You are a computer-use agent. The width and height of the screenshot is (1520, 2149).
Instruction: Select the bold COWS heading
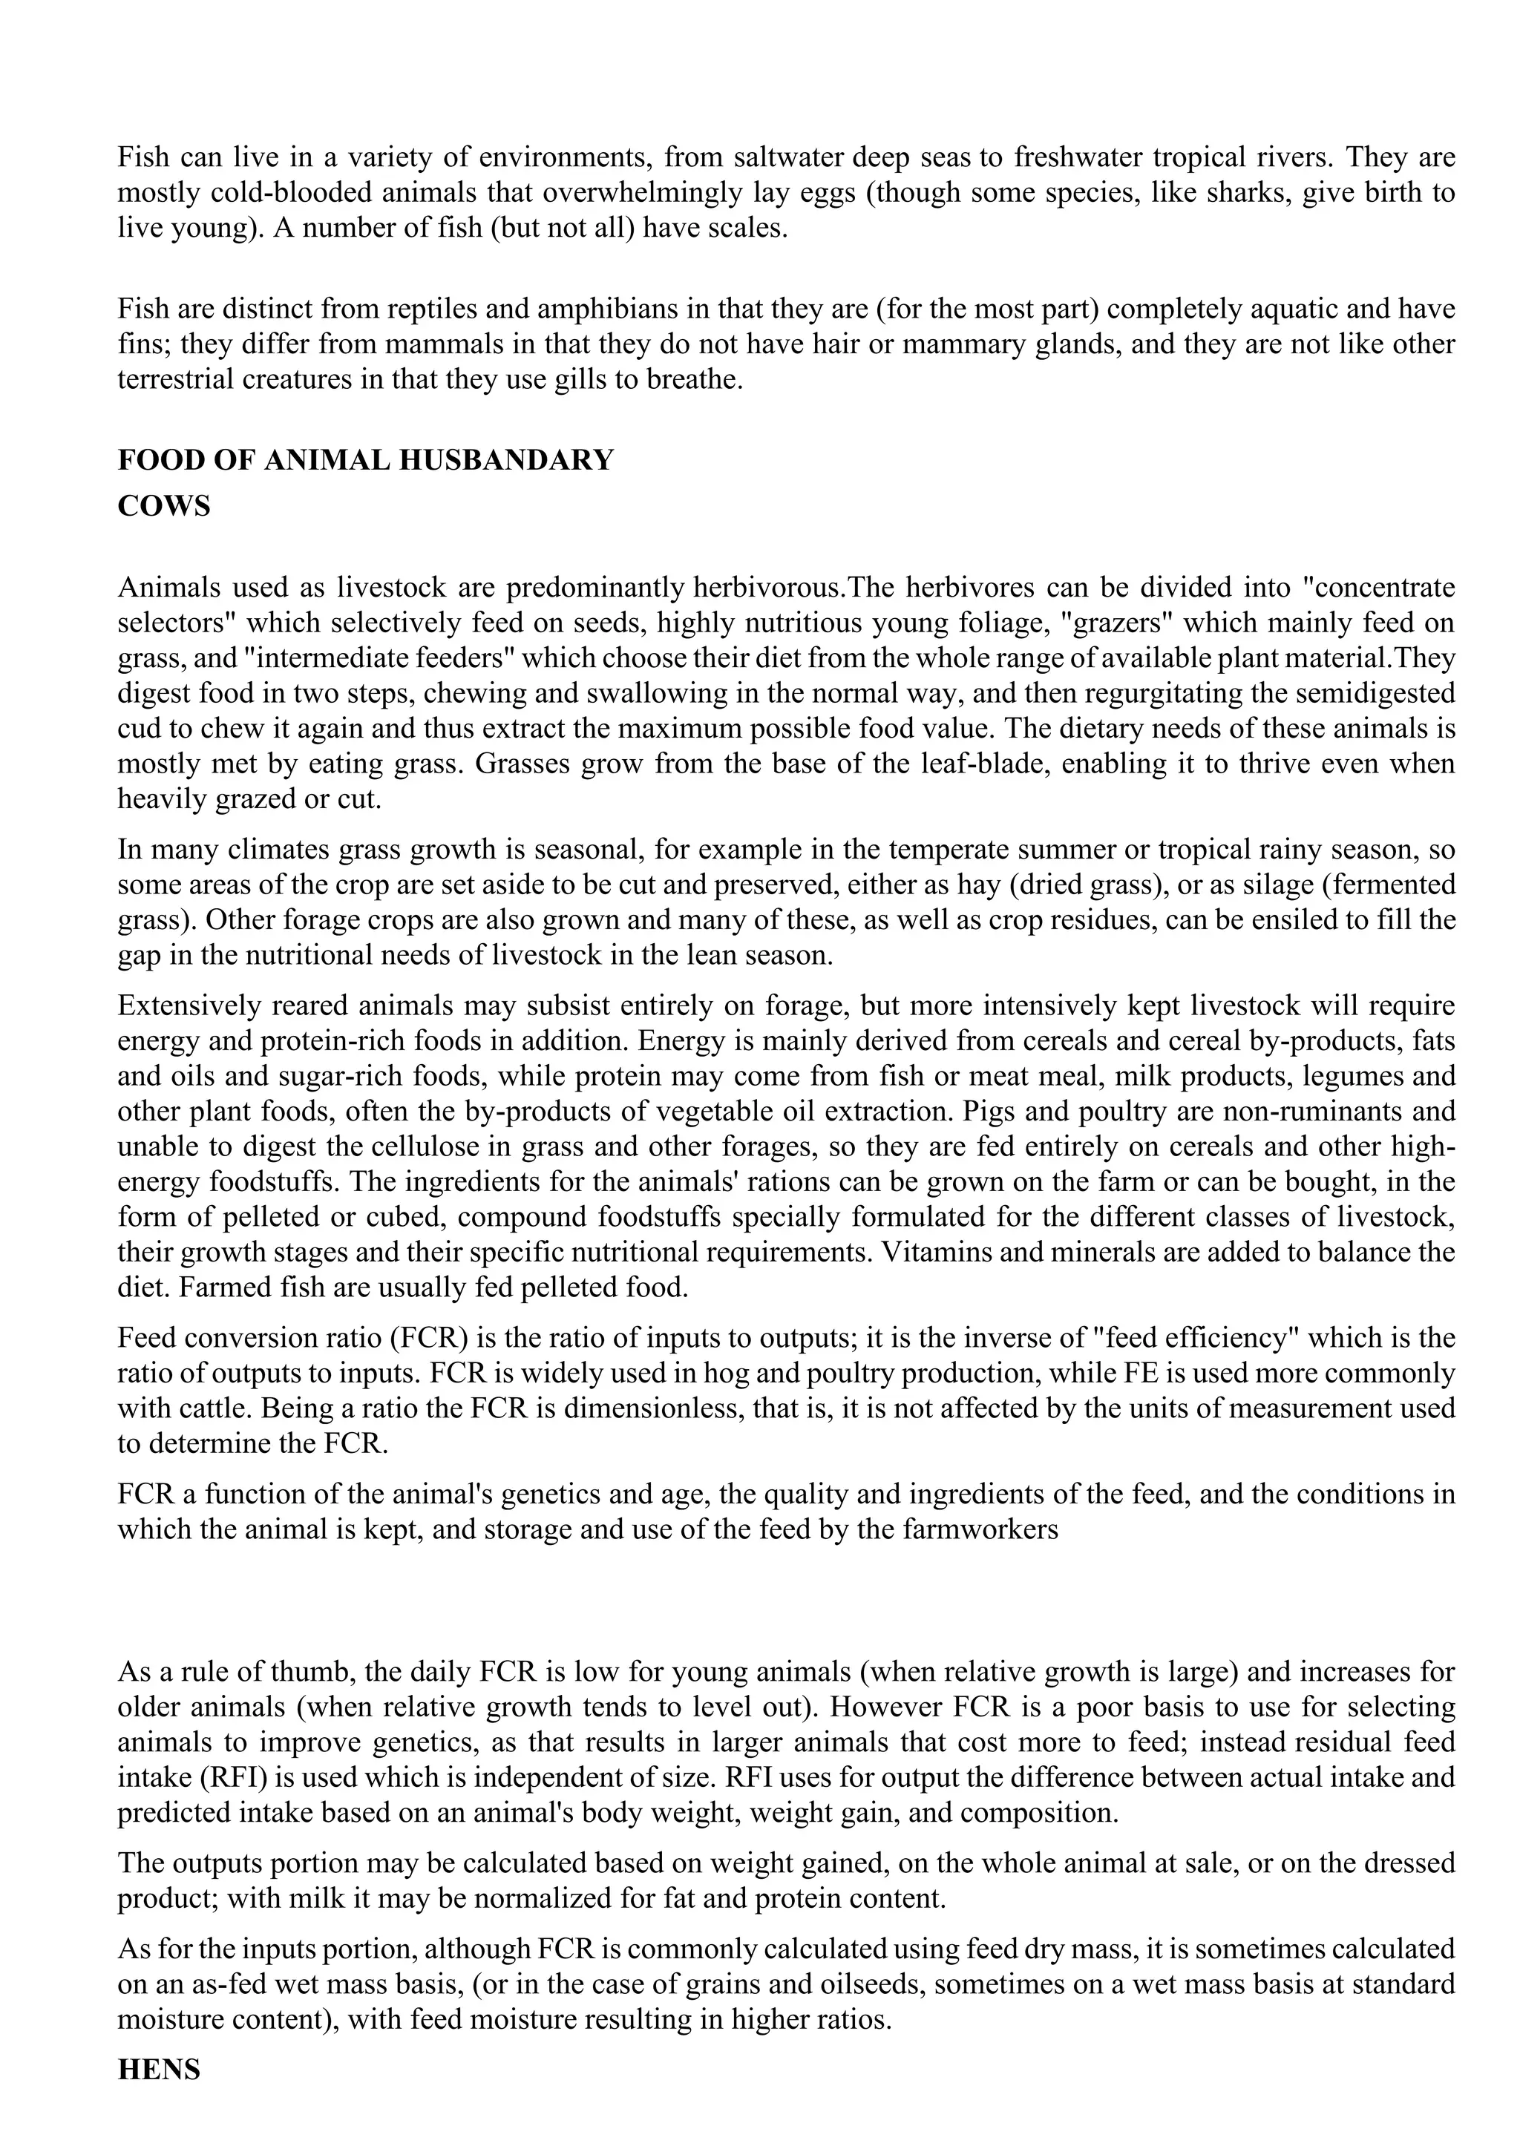tap(164, 506)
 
